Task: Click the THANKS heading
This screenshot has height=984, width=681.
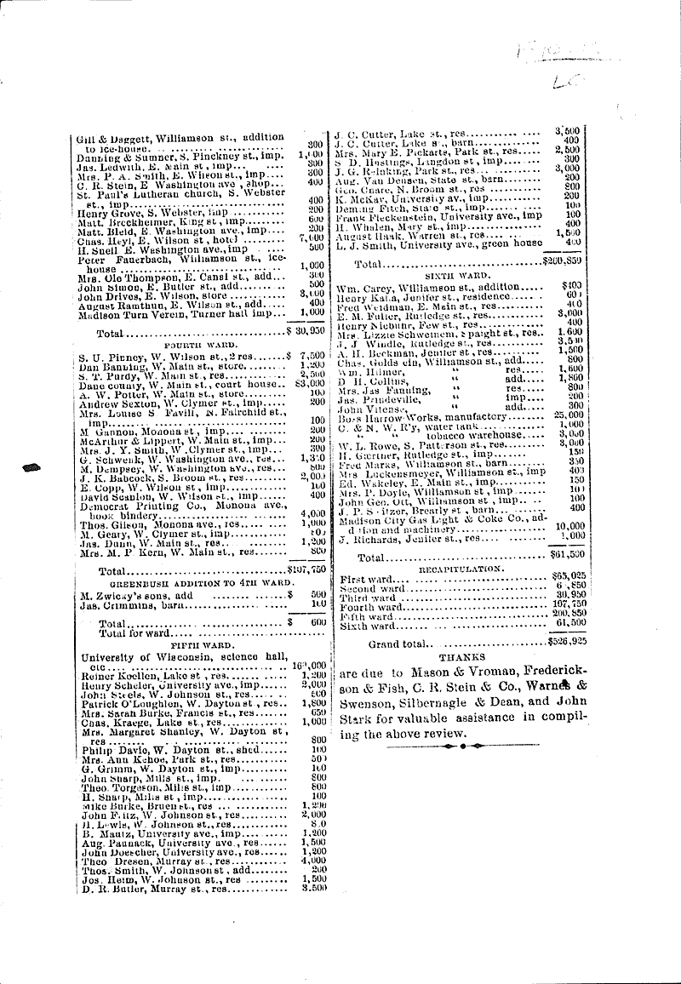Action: [461, 657]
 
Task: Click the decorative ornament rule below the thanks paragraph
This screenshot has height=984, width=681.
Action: [449, 746]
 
